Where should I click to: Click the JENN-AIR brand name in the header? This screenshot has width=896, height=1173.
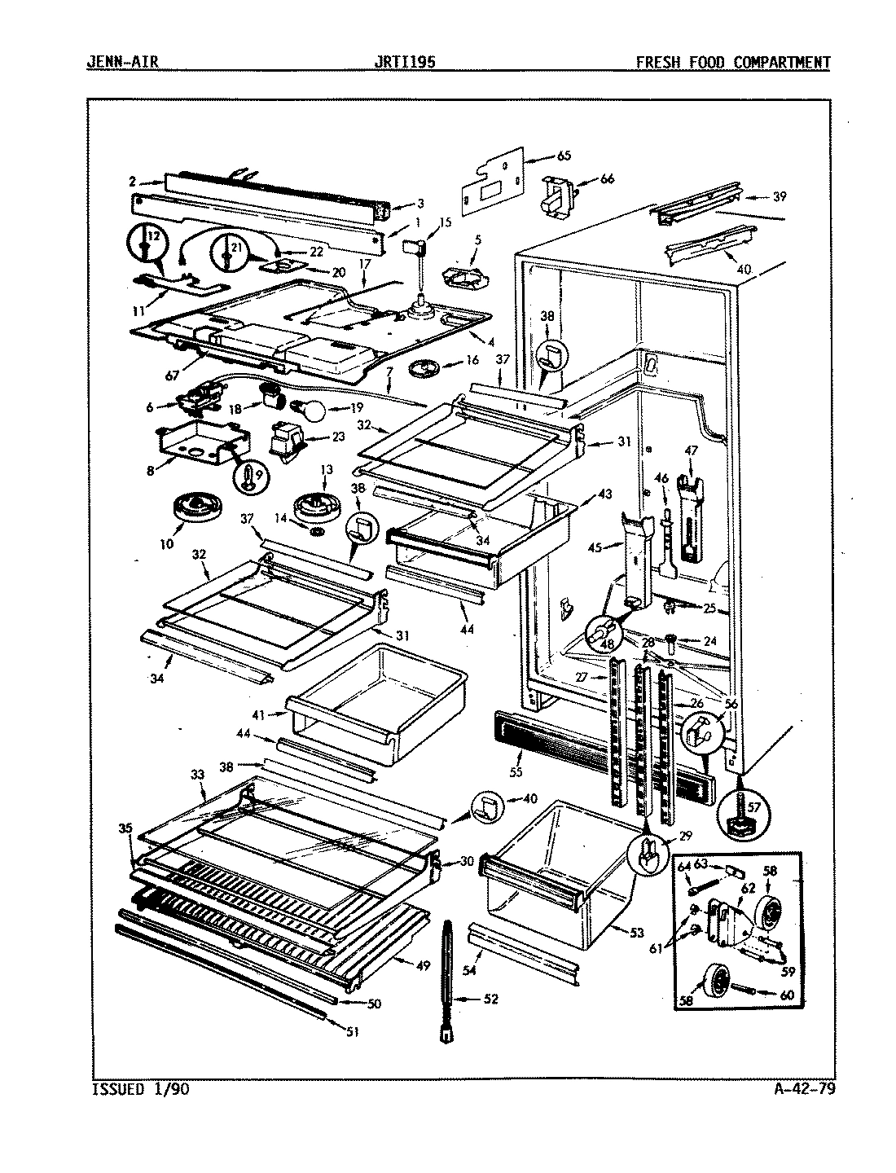(x=122, y=63)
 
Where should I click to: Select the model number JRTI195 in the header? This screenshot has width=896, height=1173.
(x=401, y=63)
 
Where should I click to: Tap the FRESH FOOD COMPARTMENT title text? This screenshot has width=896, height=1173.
(x=733, y=63)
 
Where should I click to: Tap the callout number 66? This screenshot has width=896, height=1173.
(x=607, y=180)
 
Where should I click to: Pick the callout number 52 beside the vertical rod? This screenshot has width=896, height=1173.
(x=490, y=999)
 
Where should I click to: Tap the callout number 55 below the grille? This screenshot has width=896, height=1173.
(x=515, y=771)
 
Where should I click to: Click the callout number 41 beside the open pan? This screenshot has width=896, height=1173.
(x=259, y=714)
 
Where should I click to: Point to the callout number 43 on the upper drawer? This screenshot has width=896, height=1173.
(x=604, y=494)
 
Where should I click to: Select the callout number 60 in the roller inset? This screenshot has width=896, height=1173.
(x=788, y=995)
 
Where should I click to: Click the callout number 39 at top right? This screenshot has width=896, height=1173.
(x=780, y=196)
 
